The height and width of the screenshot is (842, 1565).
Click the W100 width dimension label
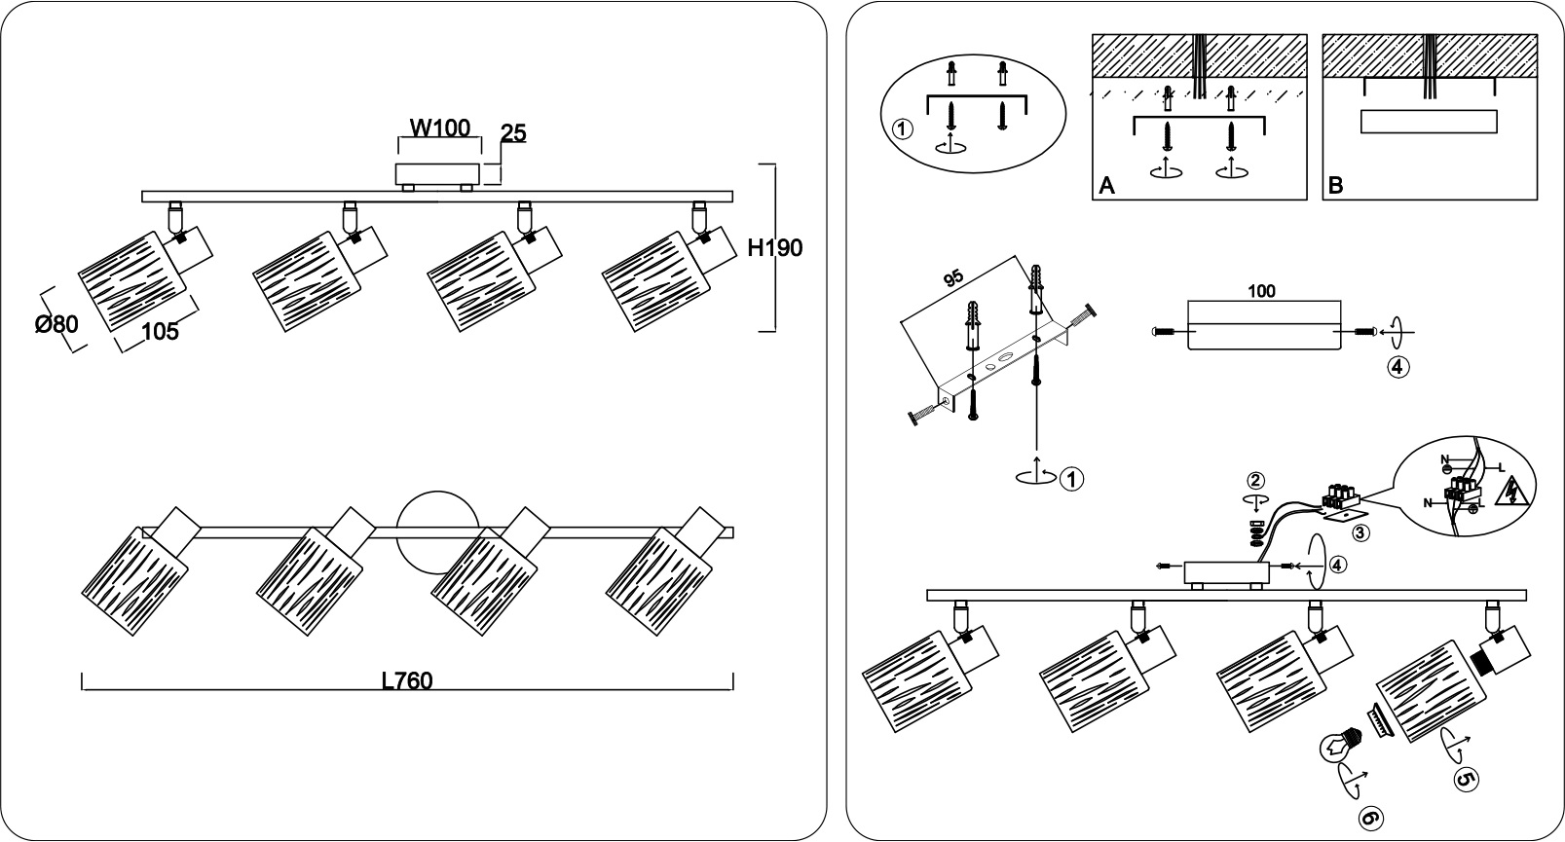(x=439, y=128)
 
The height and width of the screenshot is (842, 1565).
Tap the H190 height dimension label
(x=775, y=248)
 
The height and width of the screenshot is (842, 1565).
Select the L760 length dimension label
(x=407, y=680)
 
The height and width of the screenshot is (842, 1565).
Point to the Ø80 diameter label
(x=57, y=324)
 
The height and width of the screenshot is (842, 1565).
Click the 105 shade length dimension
(x=160, y=332)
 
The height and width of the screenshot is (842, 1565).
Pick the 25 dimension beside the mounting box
(x=513, y=133)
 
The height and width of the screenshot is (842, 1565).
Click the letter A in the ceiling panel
(x=1106, y=186)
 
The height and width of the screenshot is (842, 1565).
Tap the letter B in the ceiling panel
(x=1336, y=186)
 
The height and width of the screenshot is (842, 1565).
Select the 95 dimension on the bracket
(x=953, y=278)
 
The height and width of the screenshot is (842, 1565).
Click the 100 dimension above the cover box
(x=1262, y=291)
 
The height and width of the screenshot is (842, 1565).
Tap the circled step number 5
(x=1466, y=779)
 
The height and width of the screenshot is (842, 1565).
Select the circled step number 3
(x=1360, y=532)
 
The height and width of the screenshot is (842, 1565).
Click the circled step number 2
(x=1255, y=480)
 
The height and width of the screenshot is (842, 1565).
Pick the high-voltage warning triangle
(x=1510, y=492)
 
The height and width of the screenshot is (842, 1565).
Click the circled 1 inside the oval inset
(x=903, y=129)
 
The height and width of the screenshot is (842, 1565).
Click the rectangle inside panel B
(x=1429, y=122)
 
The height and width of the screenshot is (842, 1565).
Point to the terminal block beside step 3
(x=1340, y=497)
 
